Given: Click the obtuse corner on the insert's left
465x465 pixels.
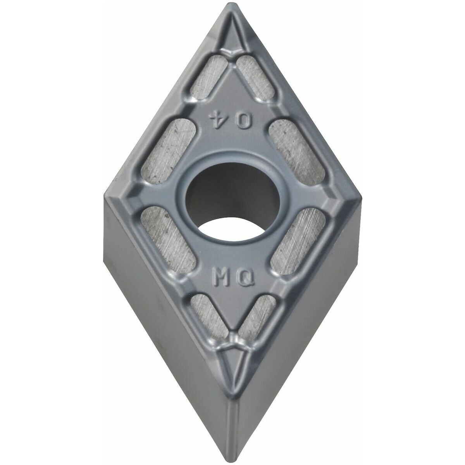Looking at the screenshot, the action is tap(105, 195).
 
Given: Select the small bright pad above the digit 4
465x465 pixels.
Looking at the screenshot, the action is tap(209, 77).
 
